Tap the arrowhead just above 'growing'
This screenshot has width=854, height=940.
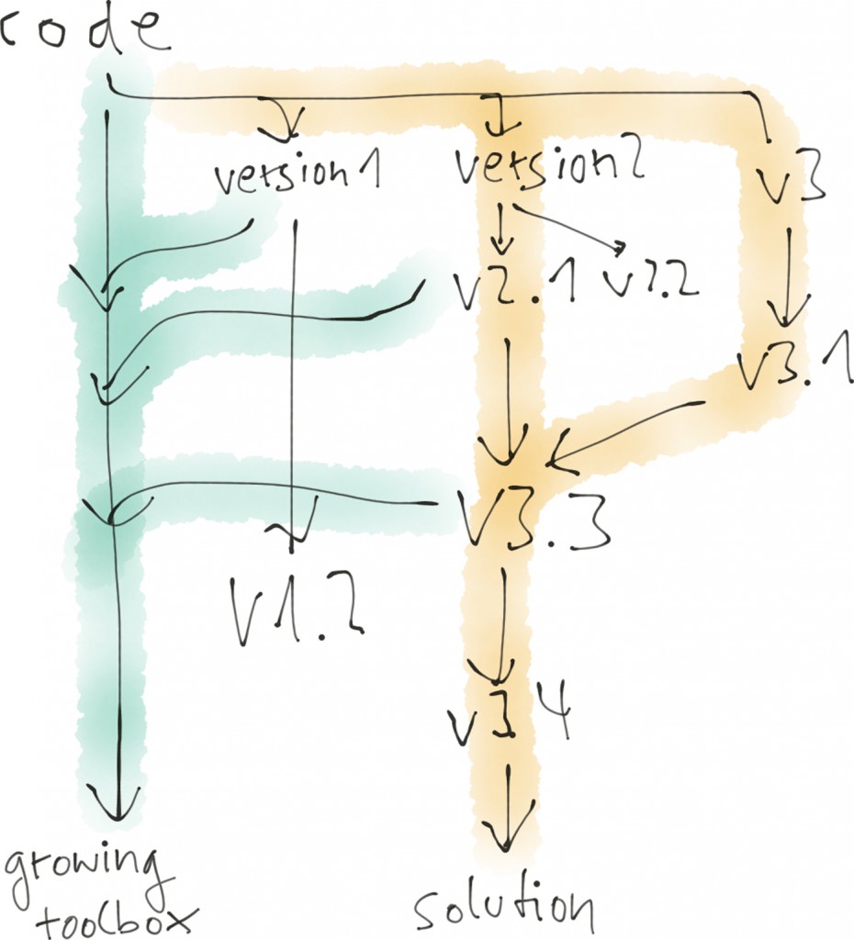[117, 803]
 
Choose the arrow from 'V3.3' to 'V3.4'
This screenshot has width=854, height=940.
[501, 624]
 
